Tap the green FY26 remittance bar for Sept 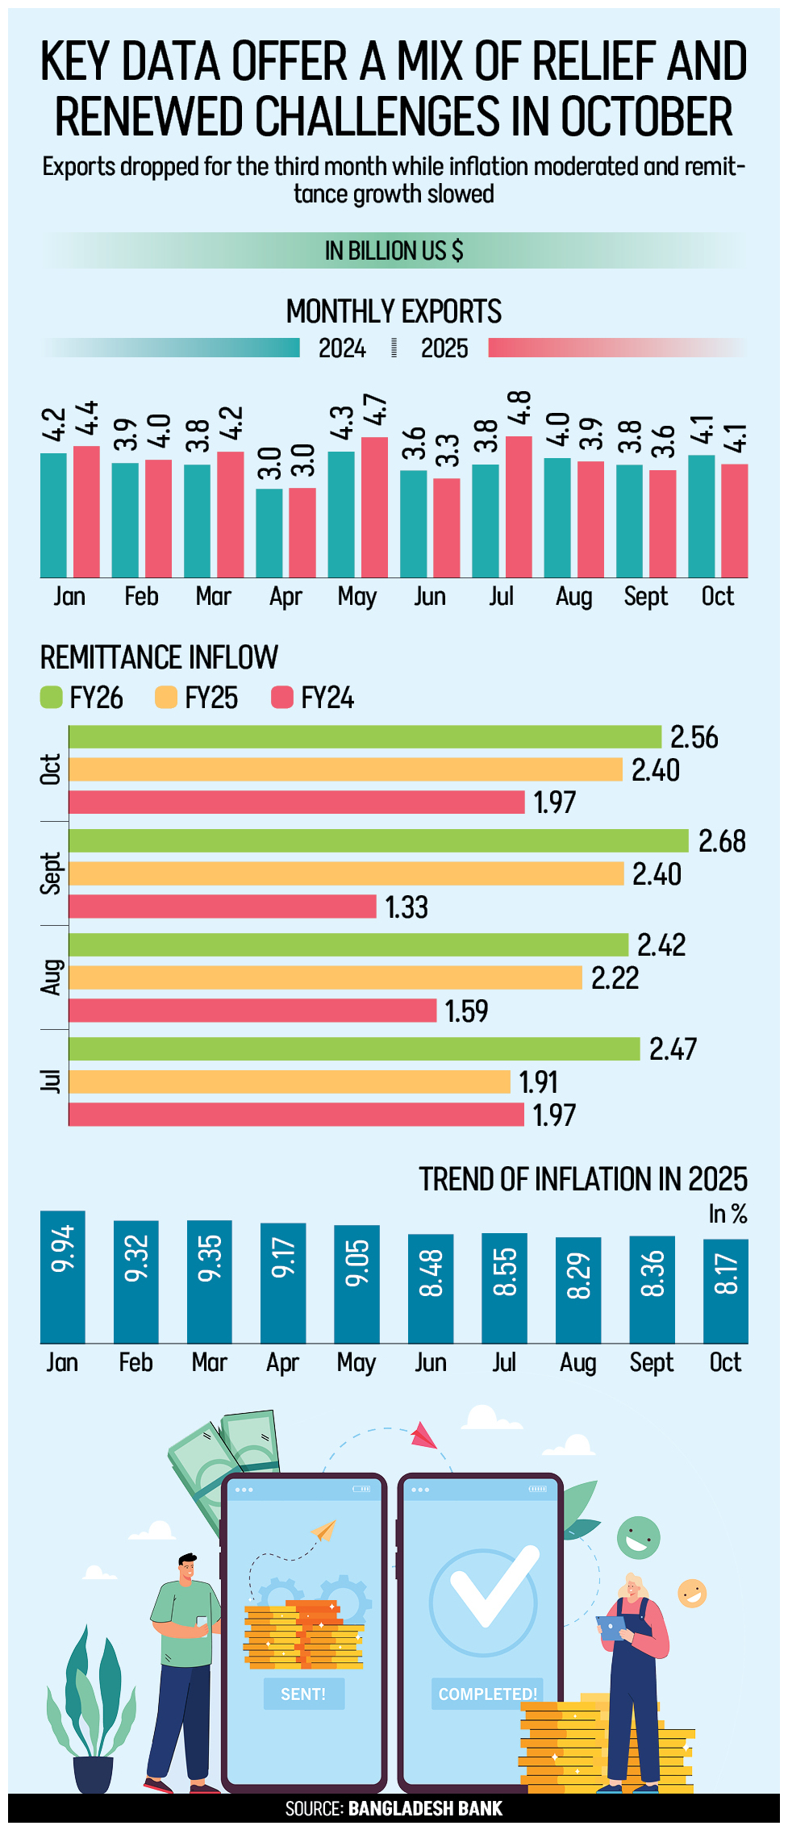[x=378, y=840]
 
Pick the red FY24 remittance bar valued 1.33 [x=223, y=907]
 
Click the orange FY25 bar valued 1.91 [x=290, y=1082]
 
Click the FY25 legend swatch [x=166, y=698]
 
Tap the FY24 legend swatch [x=282, y=698]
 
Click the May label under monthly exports [x=357, y=597]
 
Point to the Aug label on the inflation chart [x=577, y=1363]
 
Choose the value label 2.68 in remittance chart [x=722, y=841]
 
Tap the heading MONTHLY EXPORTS [x=394, y=311]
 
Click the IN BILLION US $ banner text [x=394, y=251]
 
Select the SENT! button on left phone [x=303, y=1694]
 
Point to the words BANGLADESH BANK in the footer [x=425, y=1808]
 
